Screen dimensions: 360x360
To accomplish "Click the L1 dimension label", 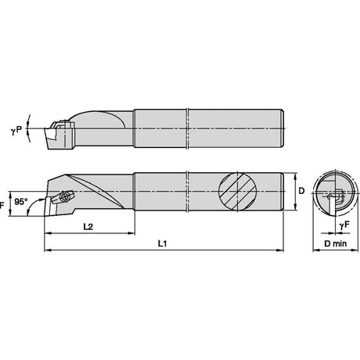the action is click(x=162, y=243).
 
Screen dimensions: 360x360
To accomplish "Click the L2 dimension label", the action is click(x=88, y=227).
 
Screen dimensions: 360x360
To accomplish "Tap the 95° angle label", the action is click(x=21, y=201).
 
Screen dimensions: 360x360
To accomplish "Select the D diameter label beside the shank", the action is click(x=301, y=191).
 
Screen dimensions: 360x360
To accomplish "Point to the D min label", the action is click(x=336, y=243).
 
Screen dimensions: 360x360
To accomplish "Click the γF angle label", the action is click(x=344, y=225).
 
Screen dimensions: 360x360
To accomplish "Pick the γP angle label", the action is click(x=16, y=130).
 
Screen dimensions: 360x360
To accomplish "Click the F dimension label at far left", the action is click(x=2, y=206).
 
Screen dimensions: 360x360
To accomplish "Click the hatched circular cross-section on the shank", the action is click(x=237, y=191).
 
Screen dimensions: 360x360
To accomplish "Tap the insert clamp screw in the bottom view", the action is click(x=63, y=195).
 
